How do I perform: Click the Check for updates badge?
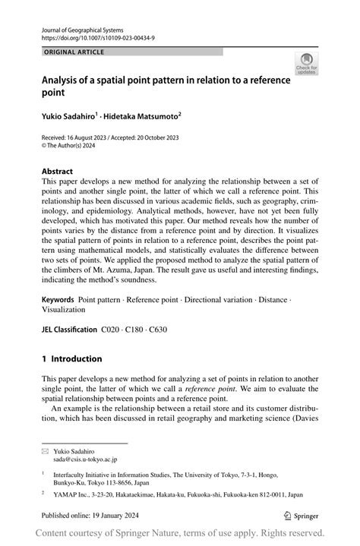(307, 65)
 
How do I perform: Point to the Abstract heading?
(58, 172)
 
